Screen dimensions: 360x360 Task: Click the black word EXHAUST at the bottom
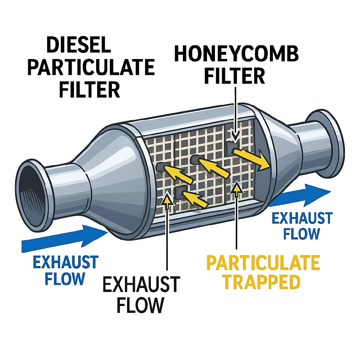[x=141, y=285]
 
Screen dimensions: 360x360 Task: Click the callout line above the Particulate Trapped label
[x=237, y=220]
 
